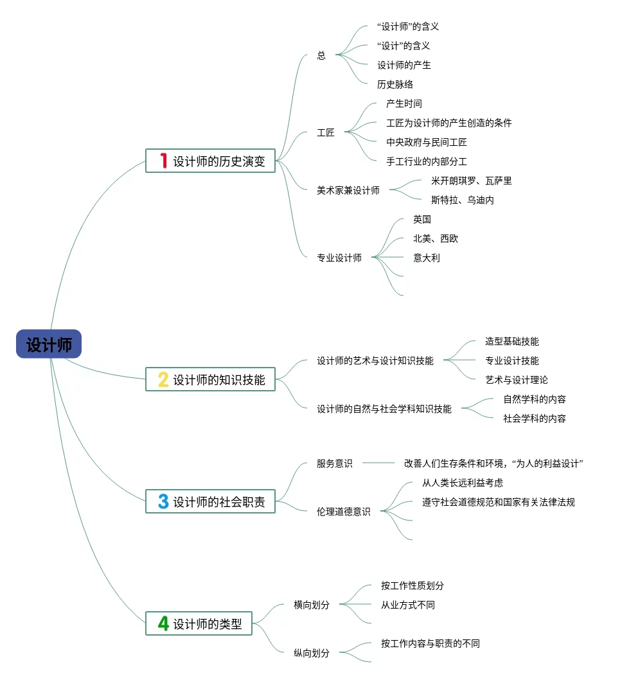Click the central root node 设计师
click(x=49, y=344)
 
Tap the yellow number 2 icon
click(x=163, y=380)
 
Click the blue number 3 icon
click(x=163, y=502)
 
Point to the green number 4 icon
click(x=163, y=623)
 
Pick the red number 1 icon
click(x=163, y=161)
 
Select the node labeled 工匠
click(x=326, y=133)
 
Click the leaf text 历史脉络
click(x=395, y=84)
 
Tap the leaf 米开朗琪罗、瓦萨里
click(x=472, y=181)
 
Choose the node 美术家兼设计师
click(x=348, y=190)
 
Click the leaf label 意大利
click(x=427, y=258)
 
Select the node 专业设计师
click(x=339, y=258)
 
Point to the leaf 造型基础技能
click(x=512, y=341)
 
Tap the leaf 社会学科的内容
click(x=535, y=418)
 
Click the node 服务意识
click(x=335, y=463)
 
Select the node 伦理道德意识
click(x=344, y=512)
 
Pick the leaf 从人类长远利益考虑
click(x=463, y=483)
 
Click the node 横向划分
click(x=312, y=605)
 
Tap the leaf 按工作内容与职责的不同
click(x=431, y=643)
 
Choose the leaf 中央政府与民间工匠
click(x=427, y=142)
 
